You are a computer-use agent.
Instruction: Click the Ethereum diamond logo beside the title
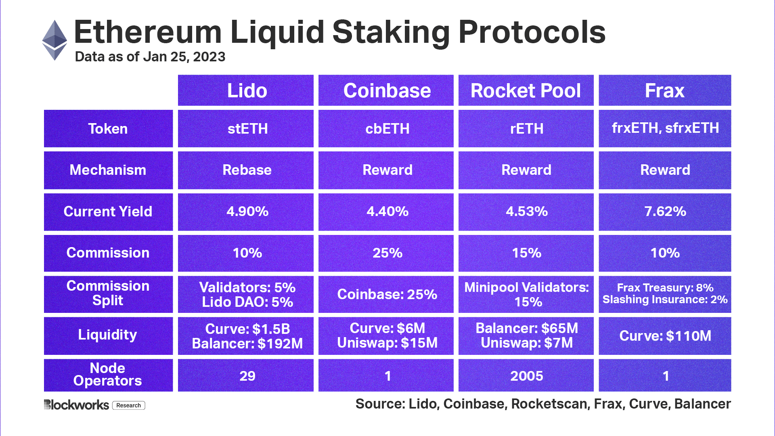point(54,40)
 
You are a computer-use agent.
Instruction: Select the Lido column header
point(246,90)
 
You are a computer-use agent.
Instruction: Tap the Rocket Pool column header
point(526,90)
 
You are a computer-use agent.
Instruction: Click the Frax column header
point(664,90)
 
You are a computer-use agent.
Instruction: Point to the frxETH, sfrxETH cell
point(665,128)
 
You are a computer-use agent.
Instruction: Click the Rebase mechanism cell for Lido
point(246,170)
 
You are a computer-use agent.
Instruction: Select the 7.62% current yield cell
point(665,212)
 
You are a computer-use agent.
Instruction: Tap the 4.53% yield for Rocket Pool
point(526,212)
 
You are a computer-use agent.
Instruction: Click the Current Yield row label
point(108,212)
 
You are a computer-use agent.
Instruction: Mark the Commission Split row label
point(108,293)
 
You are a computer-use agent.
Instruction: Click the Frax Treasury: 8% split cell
point(665,293)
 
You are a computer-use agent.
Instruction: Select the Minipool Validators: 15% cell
point(526,294)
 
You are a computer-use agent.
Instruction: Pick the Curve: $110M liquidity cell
point(665,336)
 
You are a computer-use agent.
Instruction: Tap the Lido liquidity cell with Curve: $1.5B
point(246,336)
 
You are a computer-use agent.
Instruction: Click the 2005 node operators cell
point(526,376)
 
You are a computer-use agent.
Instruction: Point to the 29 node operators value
point(247,376)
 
